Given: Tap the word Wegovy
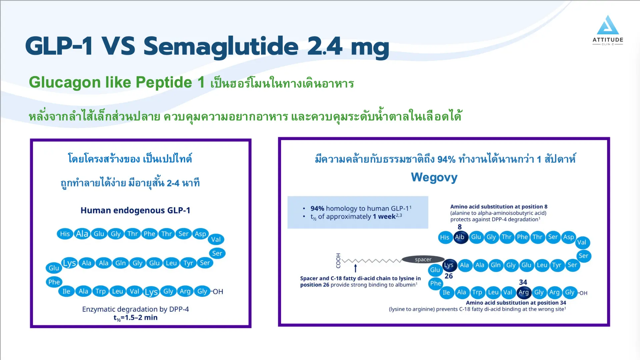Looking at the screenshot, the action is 434,177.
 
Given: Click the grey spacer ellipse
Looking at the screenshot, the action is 423,259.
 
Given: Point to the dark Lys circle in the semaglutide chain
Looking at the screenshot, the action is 449,265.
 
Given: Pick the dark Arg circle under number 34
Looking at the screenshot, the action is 524,292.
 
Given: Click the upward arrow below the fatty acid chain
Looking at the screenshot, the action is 355,268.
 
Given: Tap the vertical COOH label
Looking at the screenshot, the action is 338,261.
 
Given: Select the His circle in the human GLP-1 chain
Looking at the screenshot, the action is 65,234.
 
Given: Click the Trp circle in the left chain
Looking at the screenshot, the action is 100,291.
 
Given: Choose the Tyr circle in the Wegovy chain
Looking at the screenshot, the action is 557,265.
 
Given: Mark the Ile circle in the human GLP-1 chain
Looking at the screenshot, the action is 66,291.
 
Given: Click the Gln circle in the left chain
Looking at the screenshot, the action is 121,263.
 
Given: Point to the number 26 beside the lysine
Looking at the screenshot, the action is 449,276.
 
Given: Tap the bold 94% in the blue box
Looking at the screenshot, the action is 317,208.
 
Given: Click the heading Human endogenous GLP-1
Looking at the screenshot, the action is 135,210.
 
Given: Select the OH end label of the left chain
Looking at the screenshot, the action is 218,292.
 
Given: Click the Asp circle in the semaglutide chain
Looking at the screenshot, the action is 569,237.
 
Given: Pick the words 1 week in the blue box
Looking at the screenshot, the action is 384,217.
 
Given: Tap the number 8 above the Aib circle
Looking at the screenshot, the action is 460,227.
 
